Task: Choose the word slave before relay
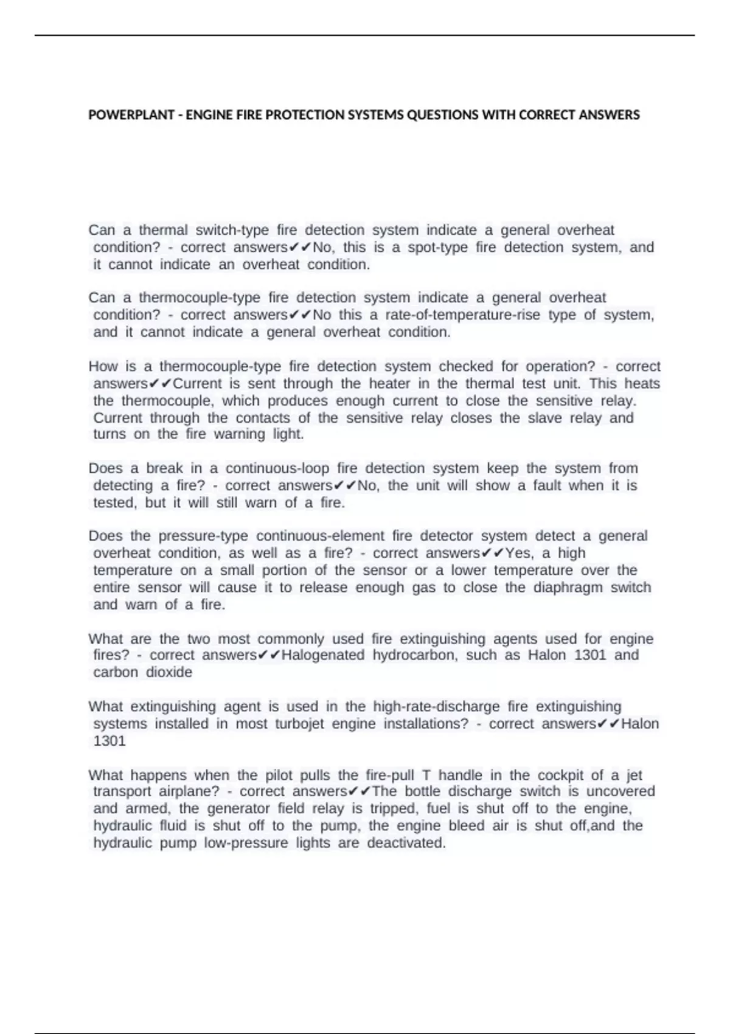point(544,418)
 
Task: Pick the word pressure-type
point(203,536)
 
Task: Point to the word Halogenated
point(323,655)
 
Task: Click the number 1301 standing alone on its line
point(109,741)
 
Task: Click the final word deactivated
point(406,843)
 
